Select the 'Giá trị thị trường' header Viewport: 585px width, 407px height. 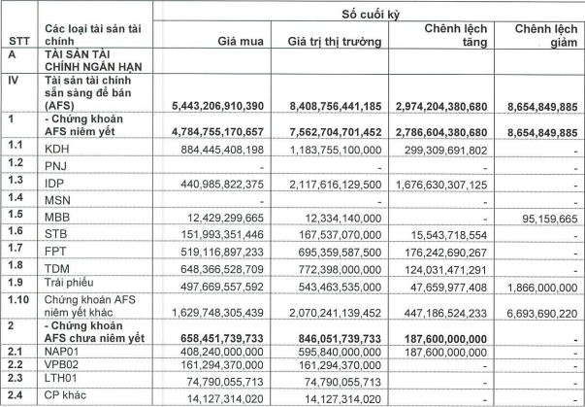coord(334,42)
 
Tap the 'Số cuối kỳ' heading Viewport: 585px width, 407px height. coord(375,13)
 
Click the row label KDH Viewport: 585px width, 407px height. coord(60,150)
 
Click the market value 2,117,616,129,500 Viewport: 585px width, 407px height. coord(332,182)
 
